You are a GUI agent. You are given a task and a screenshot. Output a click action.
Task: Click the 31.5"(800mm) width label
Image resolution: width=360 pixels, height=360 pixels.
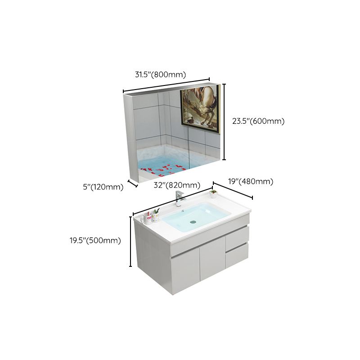coord(160,75)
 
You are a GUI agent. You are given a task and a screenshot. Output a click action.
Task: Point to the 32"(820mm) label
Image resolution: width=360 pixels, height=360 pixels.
coord(177,185)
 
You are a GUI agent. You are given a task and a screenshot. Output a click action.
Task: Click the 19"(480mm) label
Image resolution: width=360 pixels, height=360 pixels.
coord(251,182)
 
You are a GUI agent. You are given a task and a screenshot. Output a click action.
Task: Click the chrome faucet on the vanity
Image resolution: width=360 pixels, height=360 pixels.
coord(179,199)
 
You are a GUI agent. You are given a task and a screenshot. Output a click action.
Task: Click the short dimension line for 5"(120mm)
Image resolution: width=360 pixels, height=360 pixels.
coord(133,183)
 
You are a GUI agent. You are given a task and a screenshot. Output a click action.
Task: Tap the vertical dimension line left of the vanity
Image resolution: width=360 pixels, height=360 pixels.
coord(130,241)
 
